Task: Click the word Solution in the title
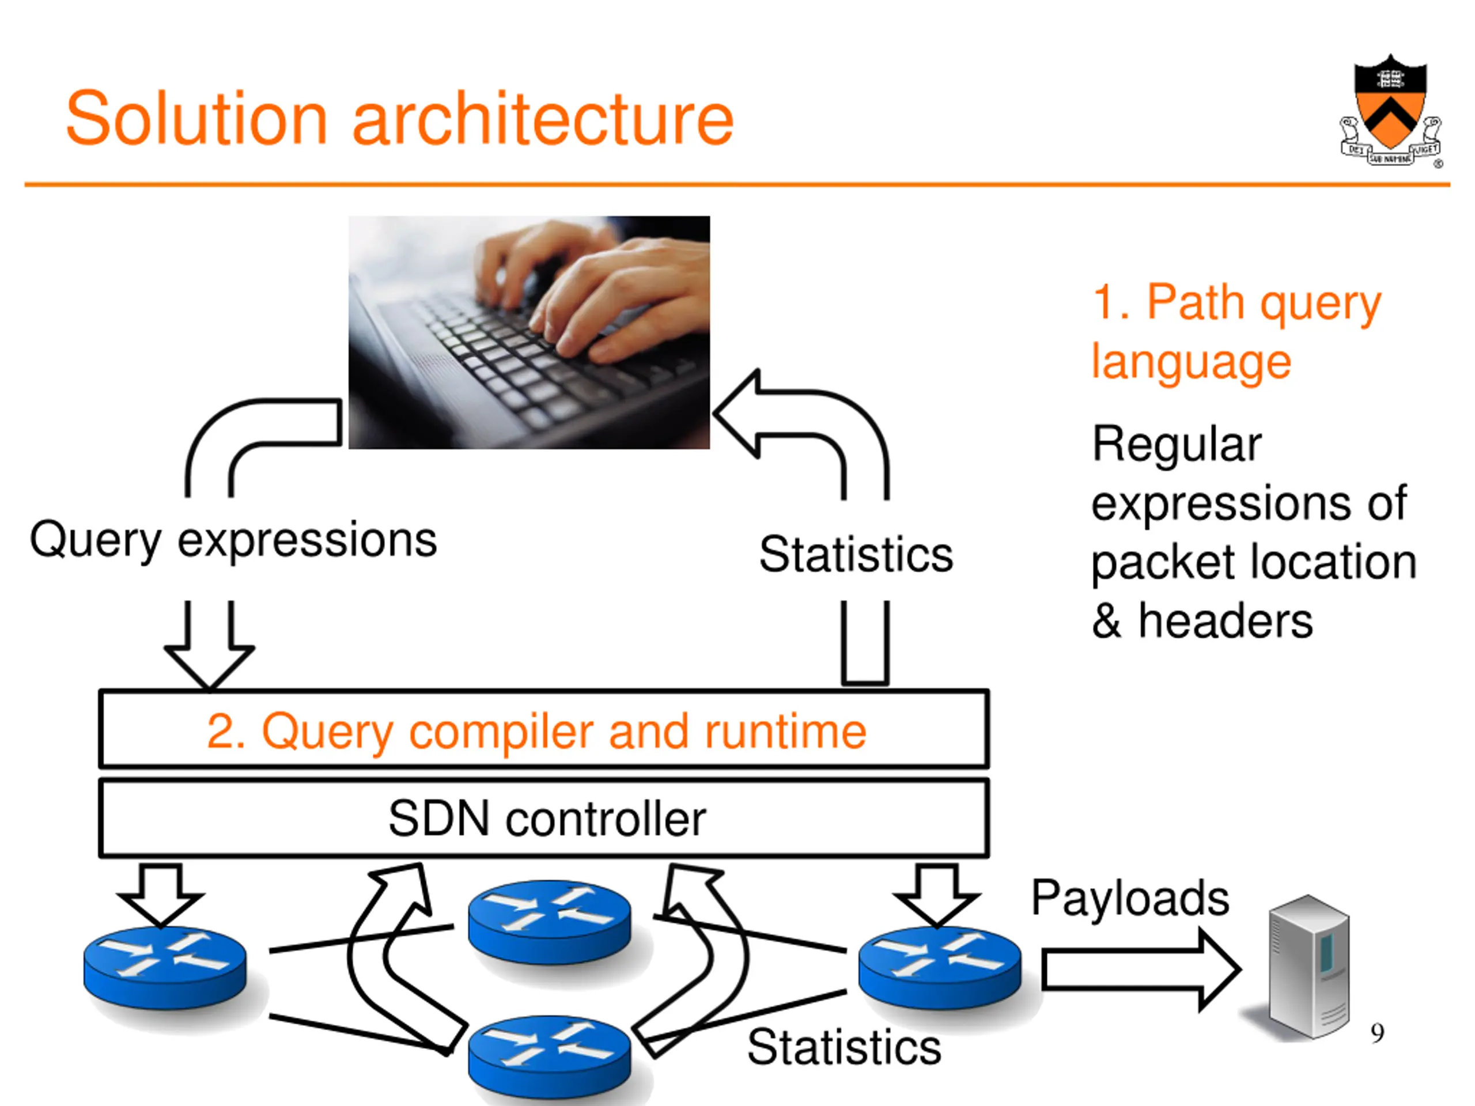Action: (196, 118)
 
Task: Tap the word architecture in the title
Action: (543, 118)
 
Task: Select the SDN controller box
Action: (543, 818)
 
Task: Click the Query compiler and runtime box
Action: (543, 729)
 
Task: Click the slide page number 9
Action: (1378, 1033)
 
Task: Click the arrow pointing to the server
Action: (1141, 969)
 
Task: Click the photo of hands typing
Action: (529, 332)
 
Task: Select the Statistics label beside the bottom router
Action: (844, 1047)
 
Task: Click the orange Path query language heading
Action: (1237, 331)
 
